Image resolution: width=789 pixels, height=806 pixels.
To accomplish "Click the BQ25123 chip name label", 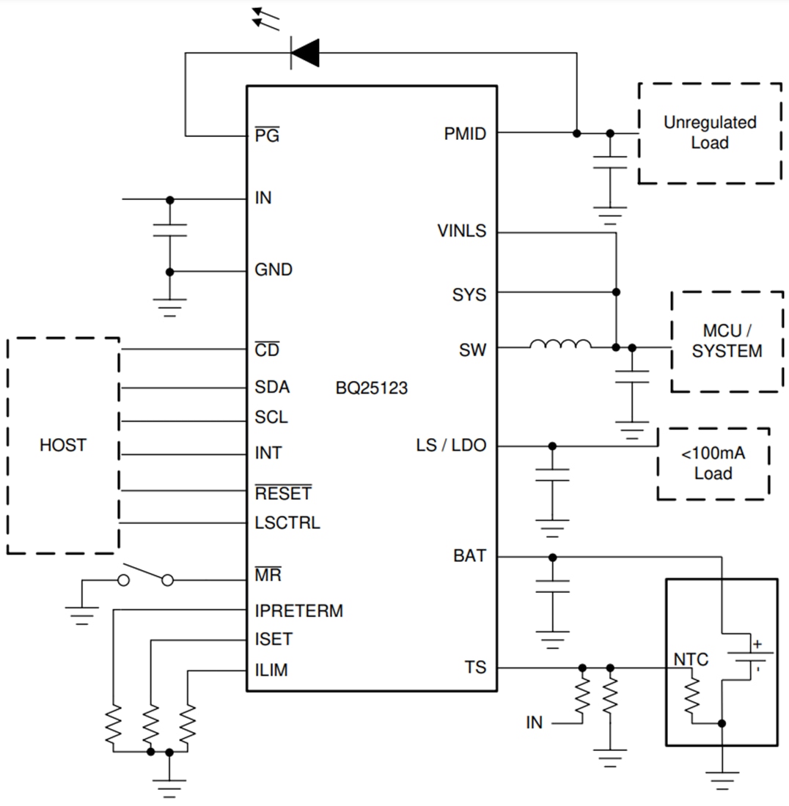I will pyautogui.click(x=371, y=388).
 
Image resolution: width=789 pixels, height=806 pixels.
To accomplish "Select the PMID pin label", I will pyautogui.click(x=465, y=134).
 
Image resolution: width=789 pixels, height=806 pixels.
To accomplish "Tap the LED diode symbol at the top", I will pyautogui.click(x=304, y=52).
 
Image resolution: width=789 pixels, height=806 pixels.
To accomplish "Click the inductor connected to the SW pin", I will pyautogui.click(x=560, y=345).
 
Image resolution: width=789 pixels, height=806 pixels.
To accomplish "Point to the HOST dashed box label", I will pyautogui.click(x=62, y=445).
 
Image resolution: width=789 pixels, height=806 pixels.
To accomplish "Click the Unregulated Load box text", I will pyautogui.click(x=709, y=133).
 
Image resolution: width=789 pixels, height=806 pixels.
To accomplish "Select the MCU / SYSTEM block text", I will pyautogui.click(x=727, y=341).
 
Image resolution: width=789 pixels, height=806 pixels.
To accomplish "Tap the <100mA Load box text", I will pyautogui.click(x=713, y=463).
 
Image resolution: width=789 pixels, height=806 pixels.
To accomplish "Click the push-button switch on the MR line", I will pyautogui.click(x=146, y=575).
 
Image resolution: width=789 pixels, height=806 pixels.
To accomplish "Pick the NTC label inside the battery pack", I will pyautogui.click(x=691, y=659).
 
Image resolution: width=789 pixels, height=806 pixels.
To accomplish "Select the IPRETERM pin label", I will pyautogui.click(x=298, y=610).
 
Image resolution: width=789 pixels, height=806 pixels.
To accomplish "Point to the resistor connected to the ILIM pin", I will pyautogui.click(x=188, y=724).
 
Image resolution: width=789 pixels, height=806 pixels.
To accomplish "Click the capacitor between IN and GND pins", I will pyautogui.click(x=169, y=230).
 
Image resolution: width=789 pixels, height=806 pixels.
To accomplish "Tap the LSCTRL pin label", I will pyautogui.click(x=287, y=523).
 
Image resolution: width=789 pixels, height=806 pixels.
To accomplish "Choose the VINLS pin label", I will pyautogui.click(x=461, y=231).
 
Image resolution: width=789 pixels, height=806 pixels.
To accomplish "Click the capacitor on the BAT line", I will pyautogui.click(x=552, y=585).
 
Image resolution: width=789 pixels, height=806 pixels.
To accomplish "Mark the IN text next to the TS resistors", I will pyautogui.click(x=534, y=722).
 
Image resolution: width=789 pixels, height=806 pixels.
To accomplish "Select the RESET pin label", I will pyautogui.click(x=282, y=493).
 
